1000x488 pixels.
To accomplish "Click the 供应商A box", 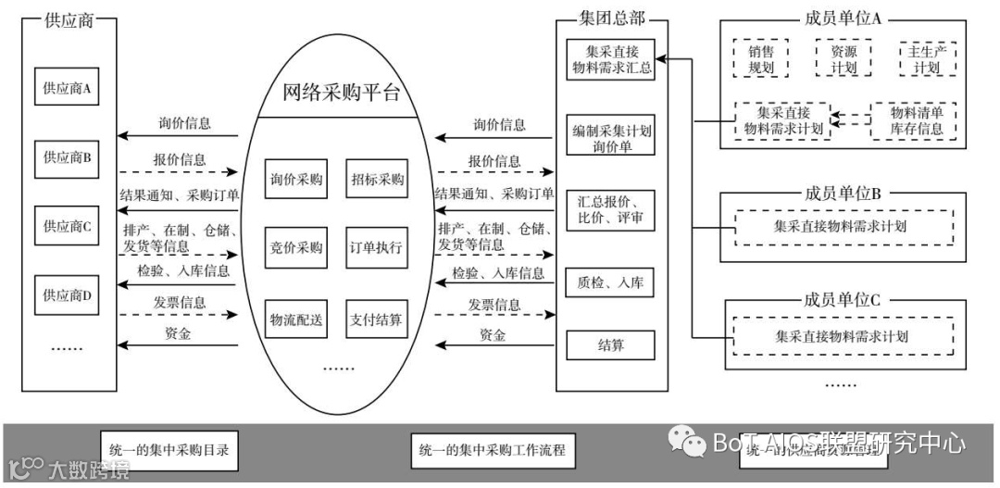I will pos(66,90).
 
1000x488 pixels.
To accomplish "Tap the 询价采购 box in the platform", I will pos(296,179).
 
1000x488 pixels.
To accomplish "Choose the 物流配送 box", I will pos(296,320).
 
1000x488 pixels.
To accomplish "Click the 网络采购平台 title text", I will pos(342,93).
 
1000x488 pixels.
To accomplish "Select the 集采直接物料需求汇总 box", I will pos(610,59).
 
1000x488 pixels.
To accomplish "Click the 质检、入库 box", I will pos(610,282).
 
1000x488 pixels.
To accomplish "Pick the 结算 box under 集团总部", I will pos(610,345).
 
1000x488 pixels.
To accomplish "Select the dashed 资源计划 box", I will pos(844,58).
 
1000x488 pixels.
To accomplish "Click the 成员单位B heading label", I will pos(843,194).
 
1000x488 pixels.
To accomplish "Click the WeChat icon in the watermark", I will pos(689,442).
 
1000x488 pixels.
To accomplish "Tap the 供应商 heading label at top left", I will pos(69,20).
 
